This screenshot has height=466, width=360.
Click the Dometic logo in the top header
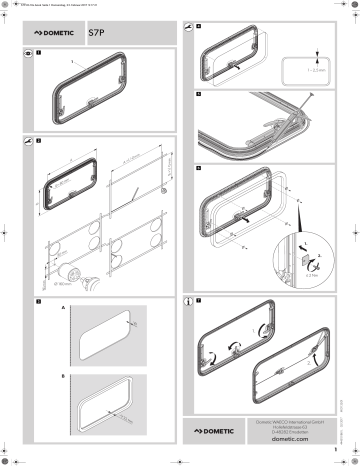coord(56,32)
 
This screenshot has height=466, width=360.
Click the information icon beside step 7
coord(188,299)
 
